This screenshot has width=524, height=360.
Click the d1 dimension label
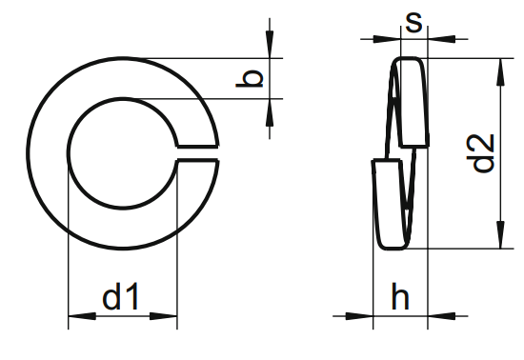(121, 298)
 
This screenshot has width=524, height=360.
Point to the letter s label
(413, 22)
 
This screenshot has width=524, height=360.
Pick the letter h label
(400, 298)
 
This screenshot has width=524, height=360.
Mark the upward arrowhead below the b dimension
(271, 110)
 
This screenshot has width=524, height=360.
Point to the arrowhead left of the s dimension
(385, 39)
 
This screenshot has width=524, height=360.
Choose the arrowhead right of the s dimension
(437, 39)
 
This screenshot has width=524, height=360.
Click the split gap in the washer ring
(197, 154)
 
